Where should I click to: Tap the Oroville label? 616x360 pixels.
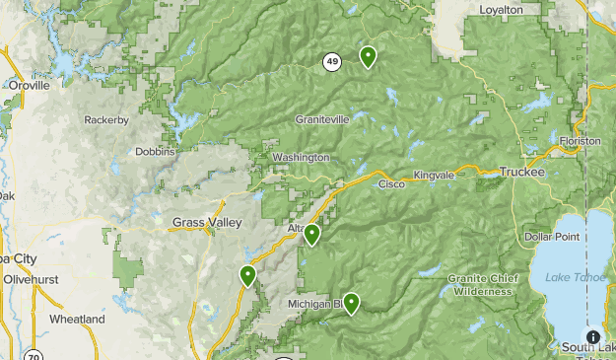tap(28, 86)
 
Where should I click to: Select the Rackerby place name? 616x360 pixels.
tap(106, 120)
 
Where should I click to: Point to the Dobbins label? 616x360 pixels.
tap(156, 152)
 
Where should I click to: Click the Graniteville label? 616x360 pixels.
tap(322, 119)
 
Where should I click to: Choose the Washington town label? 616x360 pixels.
tap(301, 158)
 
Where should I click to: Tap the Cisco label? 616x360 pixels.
tap(391, 183)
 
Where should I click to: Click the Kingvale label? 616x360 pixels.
tap(434, 176)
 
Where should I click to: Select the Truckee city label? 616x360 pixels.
tap(521, 172)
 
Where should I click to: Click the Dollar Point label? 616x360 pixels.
tap(552, 237)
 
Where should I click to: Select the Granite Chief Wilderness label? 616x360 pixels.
tap(482, 284)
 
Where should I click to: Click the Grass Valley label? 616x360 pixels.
tap(207, 223)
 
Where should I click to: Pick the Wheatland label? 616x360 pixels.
tap(77, 320)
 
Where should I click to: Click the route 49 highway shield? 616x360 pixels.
tap(331, 62)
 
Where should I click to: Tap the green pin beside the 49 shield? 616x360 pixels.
tap(368, 57)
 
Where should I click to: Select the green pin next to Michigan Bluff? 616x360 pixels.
tap(351, 304)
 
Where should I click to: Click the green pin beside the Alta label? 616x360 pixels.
tap(311, 235)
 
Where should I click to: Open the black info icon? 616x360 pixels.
tap(592, 337)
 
